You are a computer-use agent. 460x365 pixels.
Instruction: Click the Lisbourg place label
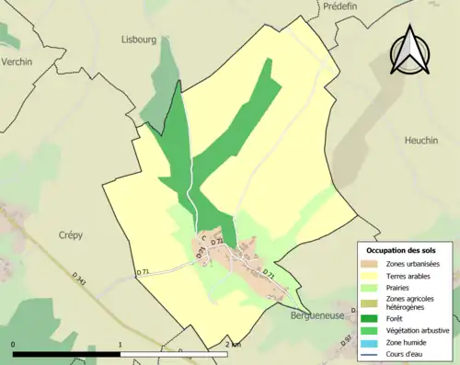point(141,40)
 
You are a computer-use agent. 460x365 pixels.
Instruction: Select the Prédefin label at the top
point(345,6)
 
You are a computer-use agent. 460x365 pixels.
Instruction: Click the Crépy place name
point(70,235)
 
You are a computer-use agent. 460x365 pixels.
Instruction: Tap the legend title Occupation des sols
point(402,250)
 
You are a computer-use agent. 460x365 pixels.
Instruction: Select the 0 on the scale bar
point(13,344)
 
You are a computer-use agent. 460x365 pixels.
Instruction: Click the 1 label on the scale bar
point(121,344)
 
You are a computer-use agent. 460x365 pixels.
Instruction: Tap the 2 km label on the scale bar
point(233,344)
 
